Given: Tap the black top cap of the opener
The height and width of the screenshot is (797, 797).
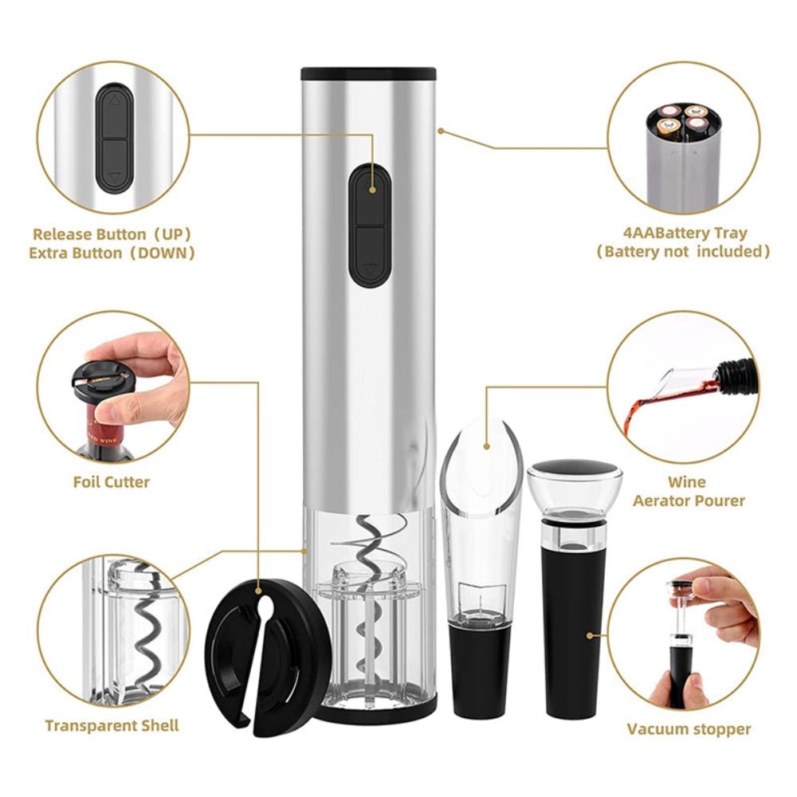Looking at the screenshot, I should [369, 73].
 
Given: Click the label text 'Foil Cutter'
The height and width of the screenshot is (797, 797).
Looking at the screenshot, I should [112, 481].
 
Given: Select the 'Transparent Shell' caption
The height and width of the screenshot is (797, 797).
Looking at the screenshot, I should [112, 725].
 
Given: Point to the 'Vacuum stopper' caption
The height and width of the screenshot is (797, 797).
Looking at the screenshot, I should [689, 728].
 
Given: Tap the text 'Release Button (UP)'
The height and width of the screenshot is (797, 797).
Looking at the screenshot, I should [112, 234].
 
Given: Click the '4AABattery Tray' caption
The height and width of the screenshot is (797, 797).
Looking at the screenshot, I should [685, 234].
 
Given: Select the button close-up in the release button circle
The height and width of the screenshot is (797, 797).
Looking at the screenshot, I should [116, 137].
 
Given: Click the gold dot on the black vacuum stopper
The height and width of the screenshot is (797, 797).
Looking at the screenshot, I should [591, 635].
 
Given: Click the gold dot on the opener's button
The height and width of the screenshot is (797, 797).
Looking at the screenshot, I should [373, 190].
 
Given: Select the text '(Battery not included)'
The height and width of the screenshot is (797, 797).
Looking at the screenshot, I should [685, 252].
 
